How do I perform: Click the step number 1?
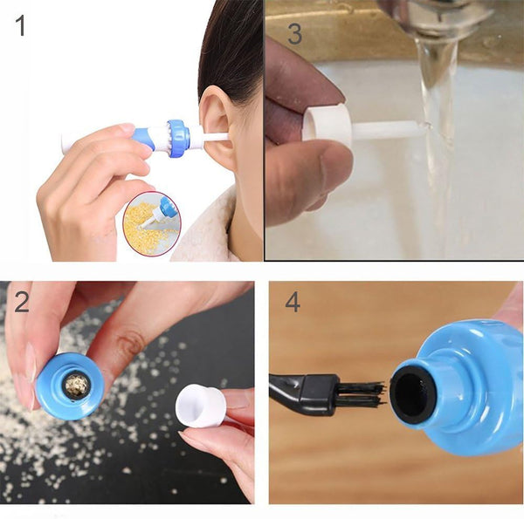coord(20,25)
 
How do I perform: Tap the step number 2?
coord(22,302)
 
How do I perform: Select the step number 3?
coord(295,34)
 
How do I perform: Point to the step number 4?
coord(293,302)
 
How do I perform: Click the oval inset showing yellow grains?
coord(152,223)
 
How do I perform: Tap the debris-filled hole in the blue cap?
coord(77,386)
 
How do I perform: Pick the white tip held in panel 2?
coord(201,405)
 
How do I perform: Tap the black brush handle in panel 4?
coord(302,394)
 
